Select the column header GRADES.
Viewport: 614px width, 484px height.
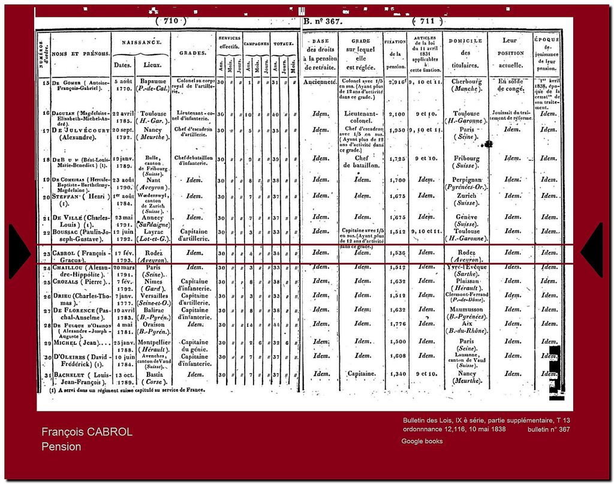(x=192, y=53)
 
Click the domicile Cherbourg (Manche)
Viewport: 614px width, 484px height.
(x=466, y=85)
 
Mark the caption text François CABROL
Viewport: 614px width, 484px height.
(x=87, y=432)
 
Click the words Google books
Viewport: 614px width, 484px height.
(x=422, y=441)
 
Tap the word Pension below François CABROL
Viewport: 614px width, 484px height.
(x=61, y=447)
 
